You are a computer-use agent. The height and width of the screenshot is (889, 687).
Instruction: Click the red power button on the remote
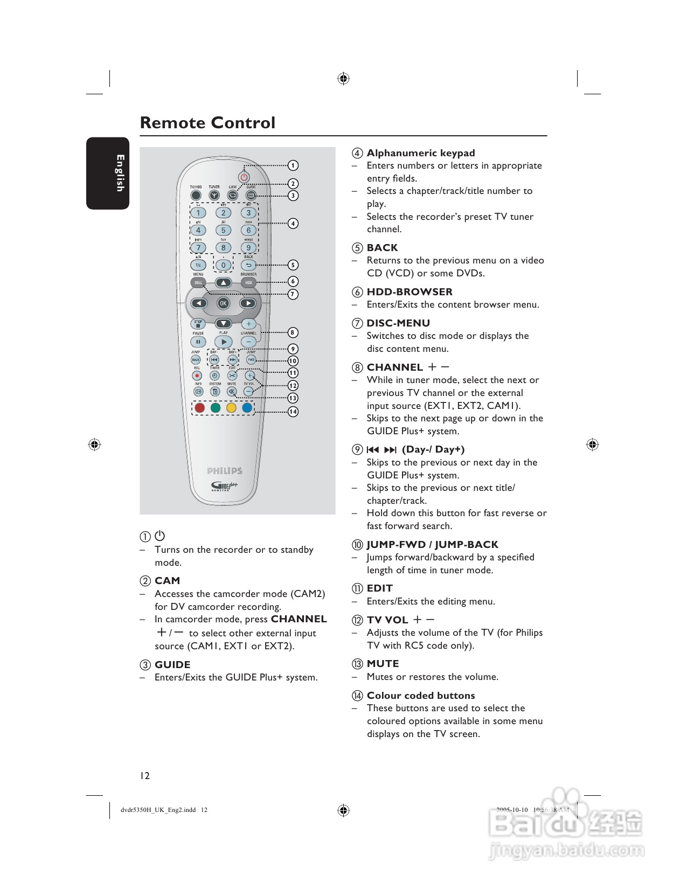[x=244, y=177]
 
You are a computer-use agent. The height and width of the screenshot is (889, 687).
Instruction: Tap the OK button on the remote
[x=223, y=303]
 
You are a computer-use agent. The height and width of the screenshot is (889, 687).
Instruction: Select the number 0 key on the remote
[x=223, y=265]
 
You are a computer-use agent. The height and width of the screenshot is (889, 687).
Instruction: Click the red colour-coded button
[x=200, y=408]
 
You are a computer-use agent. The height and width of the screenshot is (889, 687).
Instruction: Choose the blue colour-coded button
[x=247, y=408]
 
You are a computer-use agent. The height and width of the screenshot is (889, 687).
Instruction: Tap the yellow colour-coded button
[x=231, y=408]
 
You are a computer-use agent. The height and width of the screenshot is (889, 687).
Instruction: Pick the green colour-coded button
[x=216, y=408]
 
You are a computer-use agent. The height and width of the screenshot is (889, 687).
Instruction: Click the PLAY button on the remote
[x=223, y=342]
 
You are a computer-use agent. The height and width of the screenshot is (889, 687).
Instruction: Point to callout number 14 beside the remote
[x=293, y=412]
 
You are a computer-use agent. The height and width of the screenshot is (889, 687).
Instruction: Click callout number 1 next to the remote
[x=293, y=165]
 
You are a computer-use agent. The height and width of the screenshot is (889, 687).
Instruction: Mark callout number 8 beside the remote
[x=293, y=332]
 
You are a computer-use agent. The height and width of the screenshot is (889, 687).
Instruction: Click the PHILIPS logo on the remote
[x=225, y=471]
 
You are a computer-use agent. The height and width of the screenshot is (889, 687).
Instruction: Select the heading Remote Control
[x=207, y=123]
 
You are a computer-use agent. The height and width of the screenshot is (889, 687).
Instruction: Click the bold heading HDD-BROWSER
[x=410, y=292]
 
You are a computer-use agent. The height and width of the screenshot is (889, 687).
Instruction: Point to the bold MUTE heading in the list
[x=383, y=664]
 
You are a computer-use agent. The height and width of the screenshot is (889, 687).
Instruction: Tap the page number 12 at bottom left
[x=145, y=776]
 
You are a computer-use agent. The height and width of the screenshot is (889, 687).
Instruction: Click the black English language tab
[x=108, y=173]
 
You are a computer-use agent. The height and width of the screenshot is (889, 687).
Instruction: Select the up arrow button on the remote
[x=223, y=282]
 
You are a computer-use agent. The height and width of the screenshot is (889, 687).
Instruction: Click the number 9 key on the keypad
[x=248, y=248]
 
